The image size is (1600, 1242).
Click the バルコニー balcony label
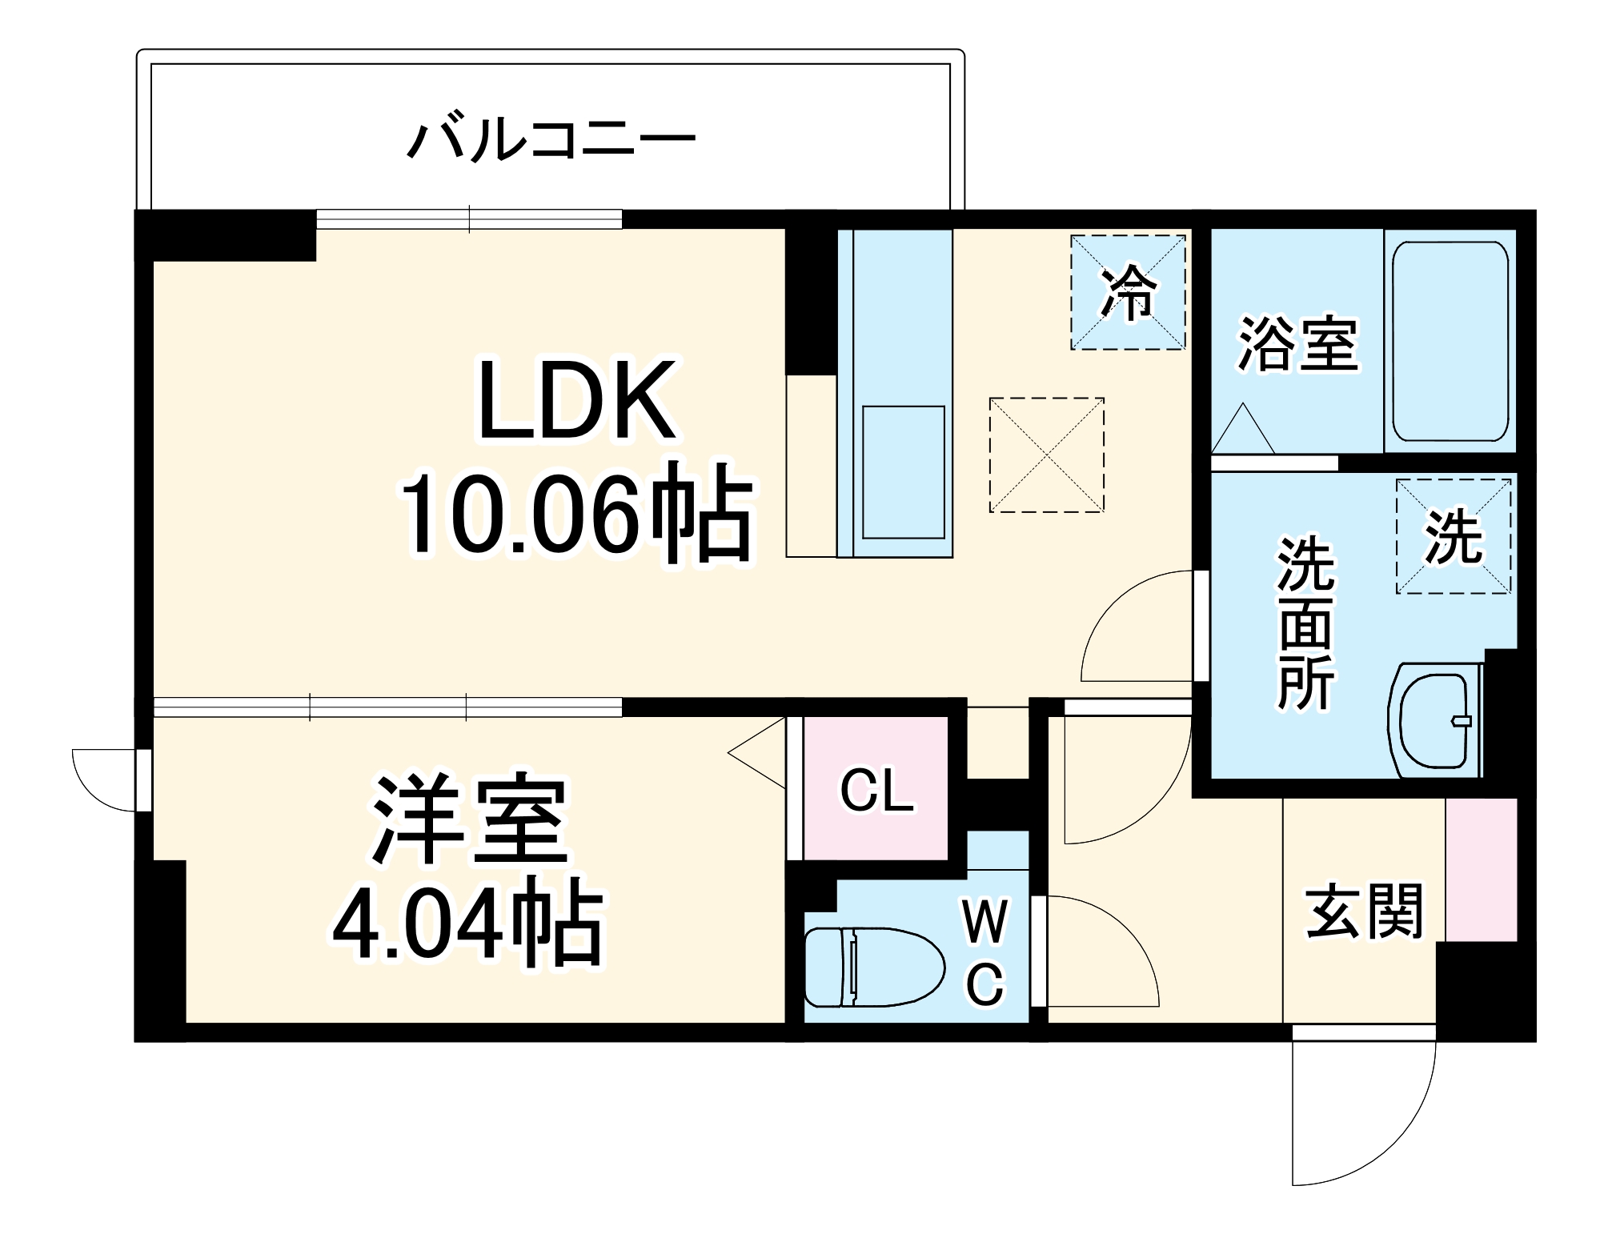(x=551, y=141)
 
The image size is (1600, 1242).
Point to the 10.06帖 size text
(x=576, y=512)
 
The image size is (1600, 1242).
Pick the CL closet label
(x=876, y=791)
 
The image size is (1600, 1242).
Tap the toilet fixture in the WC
(x=872, y=967)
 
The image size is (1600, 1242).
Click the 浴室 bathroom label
(x=1297, y=344)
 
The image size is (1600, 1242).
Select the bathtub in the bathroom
(x=1450, y=341)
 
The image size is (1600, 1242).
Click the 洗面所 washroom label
(x=1305, y=624)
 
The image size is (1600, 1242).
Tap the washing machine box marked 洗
(x=1454, y=536)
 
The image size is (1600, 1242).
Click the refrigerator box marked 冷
(x=1128, y=292)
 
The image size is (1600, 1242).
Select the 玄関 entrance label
(x=1364, y=911)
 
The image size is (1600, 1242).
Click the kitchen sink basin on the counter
(x=903, y=472)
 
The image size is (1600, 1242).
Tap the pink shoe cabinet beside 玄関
(x=1481, y=869)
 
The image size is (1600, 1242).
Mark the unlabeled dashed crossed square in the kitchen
(x=1047, y=455)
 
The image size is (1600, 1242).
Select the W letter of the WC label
(x=984, y=922)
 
